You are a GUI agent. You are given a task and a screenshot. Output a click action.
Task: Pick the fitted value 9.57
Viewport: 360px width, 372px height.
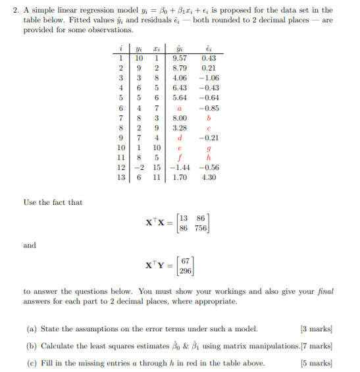tap(179, 58)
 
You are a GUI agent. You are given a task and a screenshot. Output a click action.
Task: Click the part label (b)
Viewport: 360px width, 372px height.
tap(32, 345)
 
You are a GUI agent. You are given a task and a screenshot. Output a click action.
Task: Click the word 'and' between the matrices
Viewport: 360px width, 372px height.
tap(30, 246)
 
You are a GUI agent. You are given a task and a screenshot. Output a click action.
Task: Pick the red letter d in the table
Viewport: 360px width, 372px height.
tap(179, 138)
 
